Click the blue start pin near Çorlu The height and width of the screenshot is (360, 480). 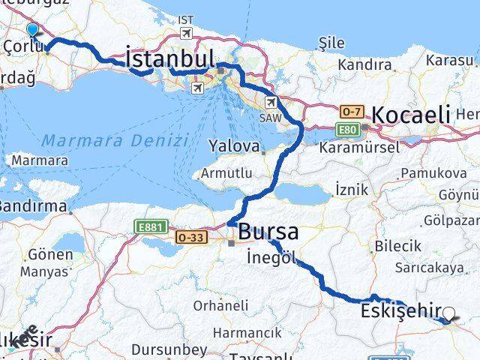32,29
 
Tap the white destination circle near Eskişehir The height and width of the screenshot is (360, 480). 449,314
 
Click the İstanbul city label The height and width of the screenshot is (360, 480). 170,58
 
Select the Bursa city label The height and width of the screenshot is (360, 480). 268,232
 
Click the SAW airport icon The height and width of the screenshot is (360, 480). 271,102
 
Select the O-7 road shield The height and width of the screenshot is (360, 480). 350,112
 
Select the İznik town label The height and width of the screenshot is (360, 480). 351,190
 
